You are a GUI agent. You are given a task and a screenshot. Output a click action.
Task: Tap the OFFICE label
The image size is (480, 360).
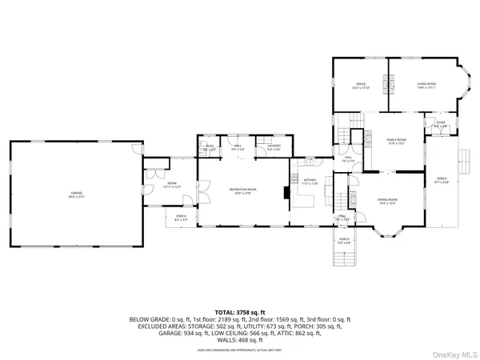click(360, 85)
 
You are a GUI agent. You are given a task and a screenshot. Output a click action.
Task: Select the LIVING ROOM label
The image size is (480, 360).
click(425, 85)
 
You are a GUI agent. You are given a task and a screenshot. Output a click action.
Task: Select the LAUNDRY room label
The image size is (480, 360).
click(274, 147)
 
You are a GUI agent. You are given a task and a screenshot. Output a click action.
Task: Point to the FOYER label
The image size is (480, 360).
click(440, 124)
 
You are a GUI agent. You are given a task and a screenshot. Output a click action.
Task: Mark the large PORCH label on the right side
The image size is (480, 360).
click(442, 180)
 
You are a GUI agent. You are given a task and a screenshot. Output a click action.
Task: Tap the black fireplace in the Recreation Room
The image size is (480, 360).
click(286, 193)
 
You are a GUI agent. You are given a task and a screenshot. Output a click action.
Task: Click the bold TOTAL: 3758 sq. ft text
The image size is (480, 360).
click(239, 311)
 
